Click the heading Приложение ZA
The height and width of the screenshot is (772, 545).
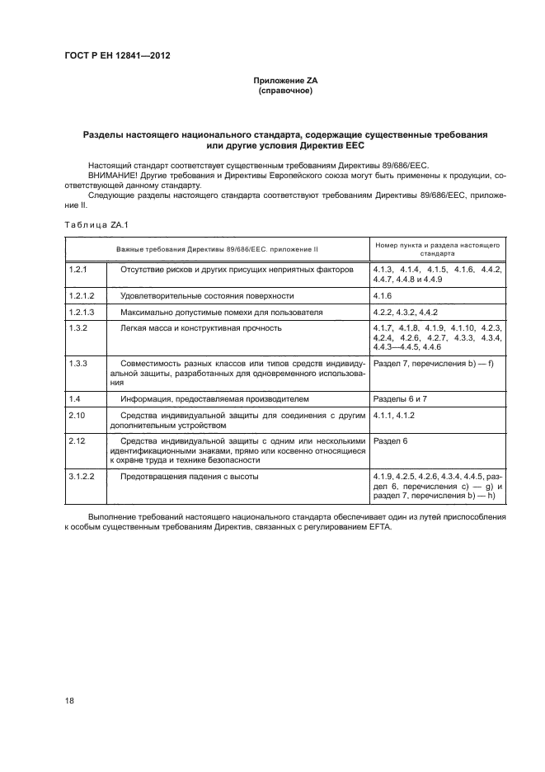(x=284, y=81)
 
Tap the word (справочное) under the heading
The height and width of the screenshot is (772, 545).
(x=284, y=91)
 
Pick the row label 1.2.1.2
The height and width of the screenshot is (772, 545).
(x=82, y=294)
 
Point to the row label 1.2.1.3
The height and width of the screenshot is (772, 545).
(x=82, y=312)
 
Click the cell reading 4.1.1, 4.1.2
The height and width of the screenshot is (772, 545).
(x=394, y=416)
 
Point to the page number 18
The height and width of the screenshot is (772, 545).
(x=69, y=700)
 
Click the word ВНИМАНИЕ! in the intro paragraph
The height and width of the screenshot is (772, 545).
(x=112, y=175)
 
